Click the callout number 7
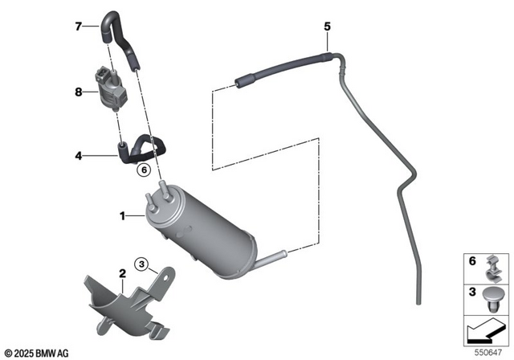coord(80,27)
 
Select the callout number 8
coord(80,92)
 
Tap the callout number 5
coord(328,27)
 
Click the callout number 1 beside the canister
coord(123,215)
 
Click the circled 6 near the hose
coord(144,170)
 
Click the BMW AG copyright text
coord(37,351)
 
